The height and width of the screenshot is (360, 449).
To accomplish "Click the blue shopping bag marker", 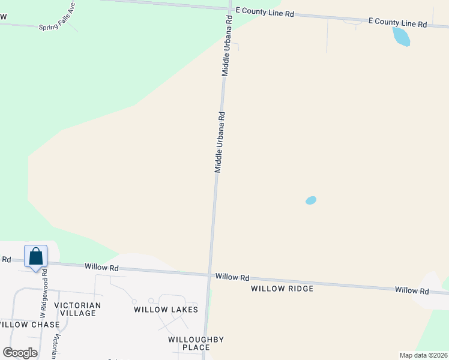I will pos(35,257).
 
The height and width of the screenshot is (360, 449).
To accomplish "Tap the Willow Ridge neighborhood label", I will pos(282,289).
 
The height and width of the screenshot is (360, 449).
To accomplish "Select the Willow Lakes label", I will pos(166,310).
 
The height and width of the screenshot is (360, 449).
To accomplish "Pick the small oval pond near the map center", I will pos(311,200).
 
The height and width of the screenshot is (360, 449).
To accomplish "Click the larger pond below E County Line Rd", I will pos(400,37).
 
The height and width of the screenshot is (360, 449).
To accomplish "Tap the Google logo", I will pos(20,353).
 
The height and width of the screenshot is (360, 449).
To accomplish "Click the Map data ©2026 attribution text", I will pos(423,355).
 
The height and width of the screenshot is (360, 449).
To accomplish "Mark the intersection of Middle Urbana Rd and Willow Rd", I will pos(210,275).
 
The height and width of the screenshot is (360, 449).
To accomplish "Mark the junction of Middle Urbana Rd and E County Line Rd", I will pos(229,9).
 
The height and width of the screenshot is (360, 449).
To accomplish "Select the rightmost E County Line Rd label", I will pos(397,23).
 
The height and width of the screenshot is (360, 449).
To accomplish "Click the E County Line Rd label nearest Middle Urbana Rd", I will pos(264,12).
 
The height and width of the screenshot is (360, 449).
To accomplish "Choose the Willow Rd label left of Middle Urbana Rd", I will pos(101,267).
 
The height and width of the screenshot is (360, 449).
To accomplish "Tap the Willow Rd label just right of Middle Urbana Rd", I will pos(232,277).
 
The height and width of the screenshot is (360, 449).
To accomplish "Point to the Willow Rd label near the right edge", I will pos(412,290).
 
